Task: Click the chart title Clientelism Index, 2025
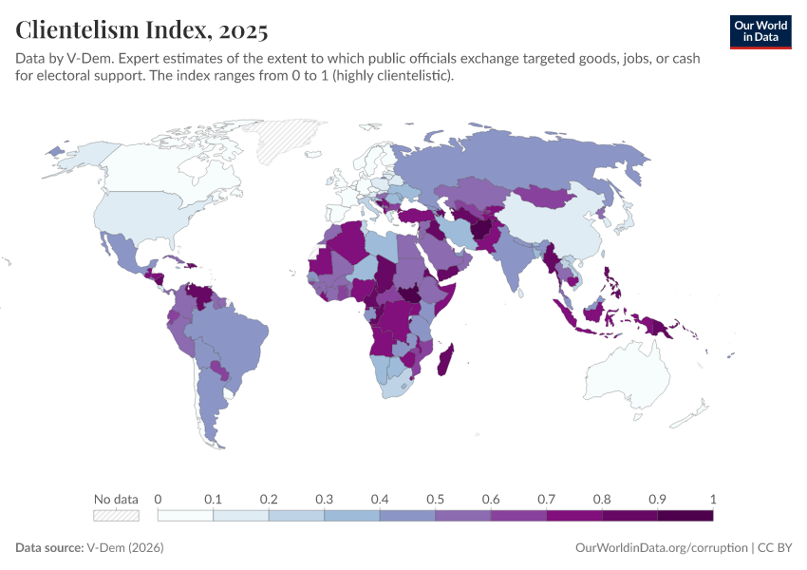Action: coord(141,29)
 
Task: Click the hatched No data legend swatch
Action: coord(116,515)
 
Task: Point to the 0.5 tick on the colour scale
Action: coord(435,499)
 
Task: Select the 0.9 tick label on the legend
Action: coord(657,499)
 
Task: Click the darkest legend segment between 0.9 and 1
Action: coord(685,515)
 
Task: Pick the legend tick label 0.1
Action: coord(213,499)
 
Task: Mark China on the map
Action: coord(560,223)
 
